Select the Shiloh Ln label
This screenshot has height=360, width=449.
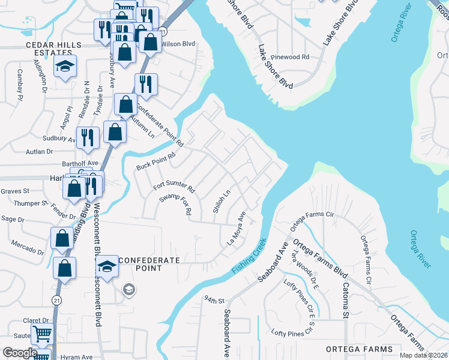221,202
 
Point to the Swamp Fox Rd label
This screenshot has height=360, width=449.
175,204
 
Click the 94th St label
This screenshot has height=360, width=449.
213,299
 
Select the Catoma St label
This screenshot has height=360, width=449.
346,302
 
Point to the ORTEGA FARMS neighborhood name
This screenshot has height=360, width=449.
359,349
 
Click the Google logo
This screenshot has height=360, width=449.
20,353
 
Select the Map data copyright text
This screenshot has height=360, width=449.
423,355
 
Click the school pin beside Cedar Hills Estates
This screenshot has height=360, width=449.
65,68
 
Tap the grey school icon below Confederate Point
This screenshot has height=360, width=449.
128,291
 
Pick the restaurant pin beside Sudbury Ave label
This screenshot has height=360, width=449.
88,139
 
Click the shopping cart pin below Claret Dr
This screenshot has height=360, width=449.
42,333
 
